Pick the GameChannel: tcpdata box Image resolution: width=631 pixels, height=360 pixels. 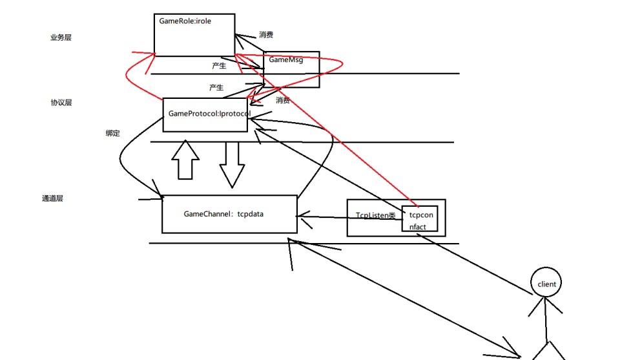pyautogui.click(x=229, y=214)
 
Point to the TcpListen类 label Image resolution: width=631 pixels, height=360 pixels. pyautogui.click(x=375, y=215)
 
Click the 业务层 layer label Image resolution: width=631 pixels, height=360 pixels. pyautogui.click(x=61, y=37)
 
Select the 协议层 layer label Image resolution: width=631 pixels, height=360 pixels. pyautogui.click(x=61, y=102)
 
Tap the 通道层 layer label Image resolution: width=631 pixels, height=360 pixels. pyautogui.click(x=52, y=198)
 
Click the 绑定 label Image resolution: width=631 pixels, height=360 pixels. pyautogui.click(x=113, y=133)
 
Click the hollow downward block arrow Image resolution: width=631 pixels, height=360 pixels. pyautogui.click(x=232, y=164)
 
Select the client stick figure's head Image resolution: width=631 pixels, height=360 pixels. pyautogui.click(x=546, y=283)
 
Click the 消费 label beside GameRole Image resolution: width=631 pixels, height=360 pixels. pyautogui.click(x=266, y=34)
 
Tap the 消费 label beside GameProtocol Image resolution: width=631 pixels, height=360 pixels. pyautogui.click(x=282, y=100)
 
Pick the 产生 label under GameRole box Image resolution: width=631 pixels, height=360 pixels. pyautogui.click(x=219, y=65)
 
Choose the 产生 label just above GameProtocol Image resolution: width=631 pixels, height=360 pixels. pyautogui.click(x=216, y=87)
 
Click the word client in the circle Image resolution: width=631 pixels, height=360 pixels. pyautogui.click(x=546, y=284)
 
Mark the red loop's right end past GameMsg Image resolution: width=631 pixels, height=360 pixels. pyautogui.click(x=340, y=64)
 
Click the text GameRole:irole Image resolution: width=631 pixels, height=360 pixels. pyautogui.click(x=185, y=21)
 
